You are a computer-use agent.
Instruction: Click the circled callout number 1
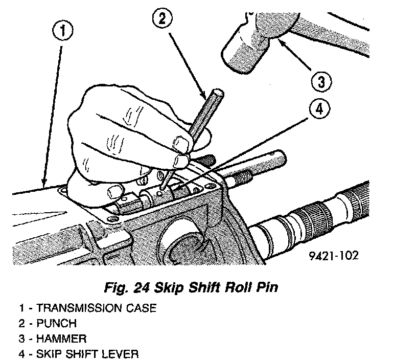pyautogui.click(x=62, y=31)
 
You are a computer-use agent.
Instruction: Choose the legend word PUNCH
pyautogui.click(x=57, y=324)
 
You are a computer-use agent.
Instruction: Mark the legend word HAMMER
pyautogui.click(x=61, y=339)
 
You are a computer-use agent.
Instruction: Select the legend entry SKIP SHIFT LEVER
pyautogui.click(x=80, y=354)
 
